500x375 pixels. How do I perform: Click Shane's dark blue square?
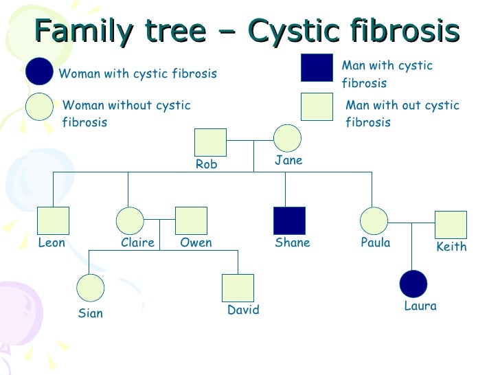tap(289, 220)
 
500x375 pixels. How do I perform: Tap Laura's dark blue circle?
tap(413, 284)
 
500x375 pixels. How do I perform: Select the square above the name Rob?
tap(210, 142)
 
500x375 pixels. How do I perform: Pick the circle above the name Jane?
tap(287, 138)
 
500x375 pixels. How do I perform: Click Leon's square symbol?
tap(53, 220)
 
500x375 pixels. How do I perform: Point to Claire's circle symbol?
tap(130, 220)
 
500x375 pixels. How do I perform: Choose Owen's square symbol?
tap(191, 220)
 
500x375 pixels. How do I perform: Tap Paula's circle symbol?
tap(374, 220)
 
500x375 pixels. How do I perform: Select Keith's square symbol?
tap(451, 225)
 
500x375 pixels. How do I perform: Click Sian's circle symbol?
tap(90, 288)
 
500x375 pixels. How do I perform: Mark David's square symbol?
tap(238, 288)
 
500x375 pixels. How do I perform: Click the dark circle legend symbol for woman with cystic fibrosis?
tap(39, 71)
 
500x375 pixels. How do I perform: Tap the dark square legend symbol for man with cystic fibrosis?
tap(317, 67)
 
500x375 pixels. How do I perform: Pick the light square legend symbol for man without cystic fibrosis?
tap(317, 106)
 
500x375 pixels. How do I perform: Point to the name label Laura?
tap(420, 306)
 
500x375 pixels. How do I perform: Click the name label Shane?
tap(293, 242)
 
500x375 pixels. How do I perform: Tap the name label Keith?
tap(451, 247)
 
